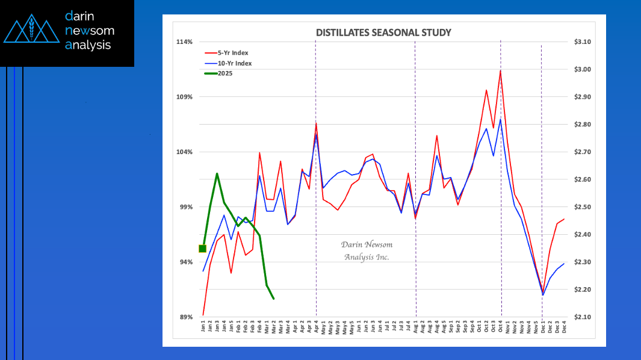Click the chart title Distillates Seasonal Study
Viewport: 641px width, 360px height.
pos(383,33)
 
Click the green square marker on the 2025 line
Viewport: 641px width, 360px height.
pos(203,249)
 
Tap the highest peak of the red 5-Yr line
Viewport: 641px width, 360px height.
pos(500,70)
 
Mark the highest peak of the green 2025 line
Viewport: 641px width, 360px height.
pos(217,173)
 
